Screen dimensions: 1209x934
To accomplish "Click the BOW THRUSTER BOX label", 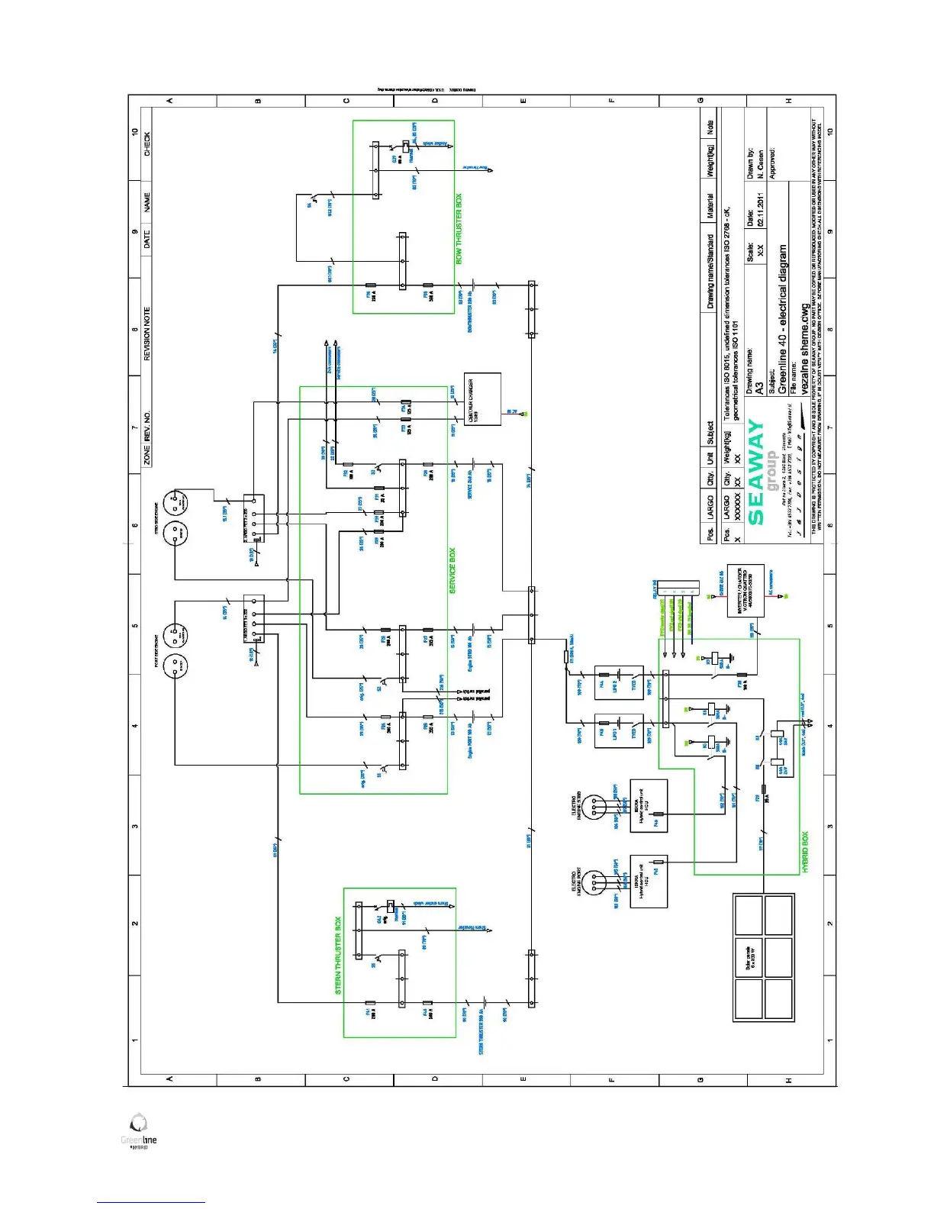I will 459,229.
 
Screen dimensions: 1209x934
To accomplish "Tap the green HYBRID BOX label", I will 805,852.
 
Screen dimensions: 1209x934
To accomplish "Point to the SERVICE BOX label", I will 452,570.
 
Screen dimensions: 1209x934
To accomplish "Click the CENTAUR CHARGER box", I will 482,398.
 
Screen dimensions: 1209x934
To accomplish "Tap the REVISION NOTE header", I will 147,334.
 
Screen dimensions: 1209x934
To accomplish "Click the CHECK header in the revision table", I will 147,144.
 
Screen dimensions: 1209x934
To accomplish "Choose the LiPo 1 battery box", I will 619,731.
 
